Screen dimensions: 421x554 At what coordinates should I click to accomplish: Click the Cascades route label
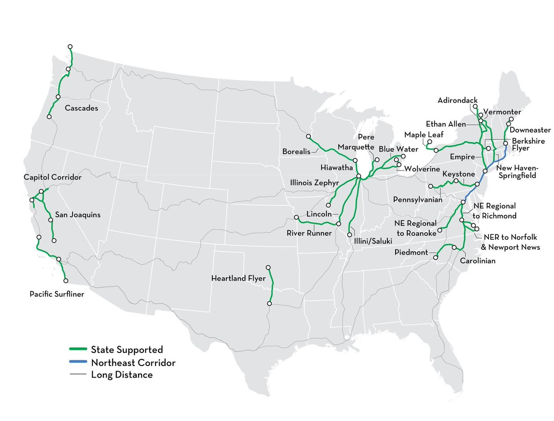[82, 108]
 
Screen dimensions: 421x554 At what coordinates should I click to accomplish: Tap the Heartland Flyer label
[238, 278]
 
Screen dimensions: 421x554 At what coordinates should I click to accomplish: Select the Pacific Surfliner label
[57, 293]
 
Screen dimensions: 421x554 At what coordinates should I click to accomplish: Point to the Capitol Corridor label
[53, 177]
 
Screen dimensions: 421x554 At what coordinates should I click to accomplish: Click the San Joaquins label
[78, 214]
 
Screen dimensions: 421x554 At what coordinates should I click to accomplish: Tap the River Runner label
[309, 233]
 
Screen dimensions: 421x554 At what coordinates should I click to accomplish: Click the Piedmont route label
[411, 252]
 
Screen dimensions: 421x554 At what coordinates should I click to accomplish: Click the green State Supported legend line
[78, 350]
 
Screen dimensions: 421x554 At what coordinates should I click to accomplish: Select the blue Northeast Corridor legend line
[78, 362]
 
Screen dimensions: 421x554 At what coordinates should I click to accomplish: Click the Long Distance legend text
[122, 375]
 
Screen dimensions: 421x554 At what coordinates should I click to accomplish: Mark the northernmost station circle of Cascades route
[70, 47]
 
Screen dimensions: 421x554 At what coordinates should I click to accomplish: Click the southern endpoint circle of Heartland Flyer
[269, 304]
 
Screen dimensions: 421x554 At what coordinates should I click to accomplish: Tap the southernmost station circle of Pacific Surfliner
[66, 281]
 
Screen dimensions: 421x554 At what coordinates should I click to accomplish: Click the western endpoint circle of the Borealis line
[308, 136]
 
